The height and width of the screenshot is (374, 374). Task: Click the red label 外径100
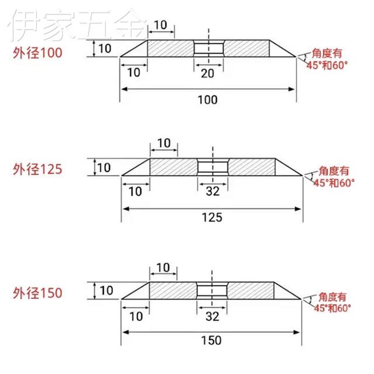[37, 53]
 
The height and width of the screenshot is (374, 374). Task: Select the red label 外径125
[37, 168]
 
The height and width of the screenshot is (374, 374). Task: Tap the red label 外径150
[37, 293]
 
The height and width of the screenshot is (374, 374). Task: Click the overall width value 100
[208, 99]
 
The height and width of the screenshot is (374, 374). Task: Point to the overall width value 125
[211, 217]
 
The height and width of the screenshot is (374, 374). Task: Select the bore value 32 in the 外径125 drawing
[212, 191]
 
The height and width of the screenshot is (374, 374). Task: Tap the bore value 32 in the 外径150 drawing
[212, 316]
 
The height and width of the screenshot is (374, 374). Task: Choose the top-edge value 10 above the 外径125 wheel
[164, 143]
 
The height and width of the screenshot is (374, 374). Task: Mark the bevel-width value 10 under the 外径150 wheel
[136, 316]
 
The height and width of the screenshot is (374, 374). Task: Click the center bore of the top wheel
[209, 48]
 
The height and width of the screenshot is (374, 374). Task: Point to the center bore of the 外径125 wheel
[212, 167]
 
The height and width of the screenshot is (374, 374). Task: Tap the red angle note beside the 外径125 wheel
[333, 176]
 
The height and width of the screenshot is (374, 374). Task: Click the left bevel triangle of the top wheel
[138, 50]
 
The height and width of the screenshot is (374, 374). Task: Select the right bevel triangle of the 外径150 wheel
[282, 293]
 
